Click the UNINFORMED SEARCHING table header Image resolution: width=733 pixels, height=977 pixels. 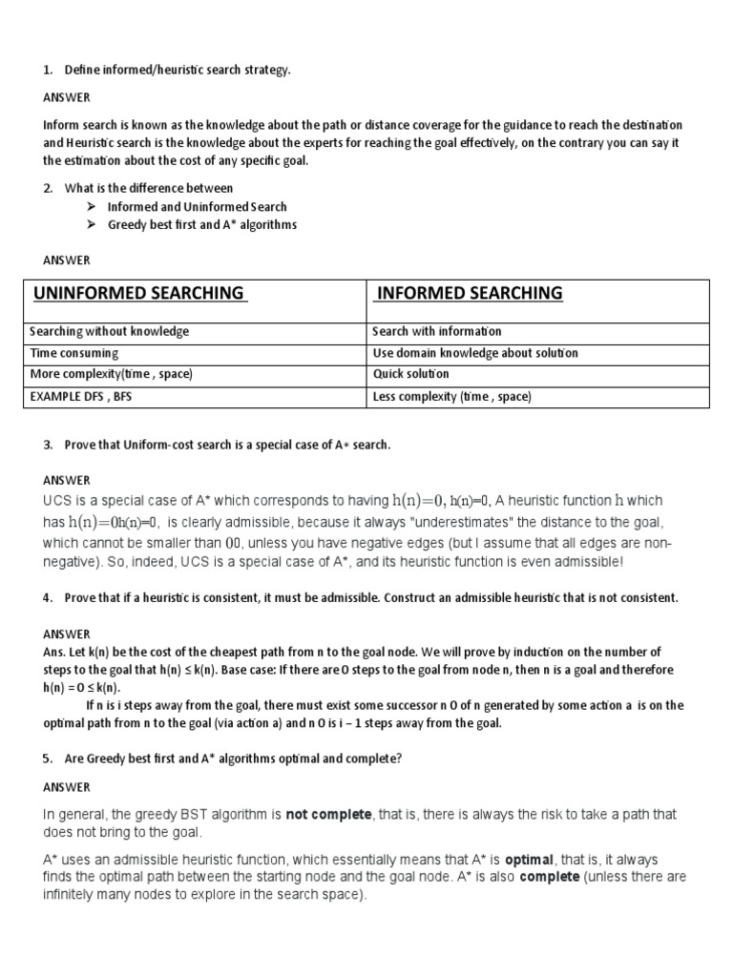pos(139,293)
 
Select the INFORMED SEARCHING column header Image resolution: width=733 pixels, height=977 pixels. pos(470,293)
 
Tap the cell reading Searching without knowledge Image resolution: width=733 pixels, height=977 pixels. pos(110,331)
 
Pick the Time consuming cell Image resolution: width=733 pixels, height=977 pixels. pos(76,353)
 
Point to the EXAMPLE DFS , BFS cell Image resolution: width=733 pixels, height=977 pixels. pos(81,396)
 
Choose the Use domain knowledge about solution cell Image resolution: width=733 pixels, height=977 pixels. pos(474,353)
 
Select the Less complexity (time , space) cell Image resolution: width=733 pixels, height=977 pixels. pos(451,396)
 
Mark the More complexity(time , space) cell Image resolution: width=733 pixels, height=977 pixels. pos(111,374)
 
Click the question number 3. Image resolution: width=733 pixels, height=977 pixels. pos(48,446)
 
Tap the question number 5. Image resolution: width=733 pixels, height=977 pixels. pos(48,759)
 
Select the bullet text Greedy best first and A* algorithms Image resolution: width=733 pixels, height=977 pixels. pos(201,224)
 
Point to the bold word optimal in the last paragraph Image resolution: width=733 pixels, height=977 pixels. pos(533,860)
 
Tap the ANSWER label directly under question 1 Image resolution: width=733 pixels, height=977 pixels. pos(67,97)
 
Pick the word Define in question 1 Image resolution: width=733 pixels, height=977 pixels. pos(82,71)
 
